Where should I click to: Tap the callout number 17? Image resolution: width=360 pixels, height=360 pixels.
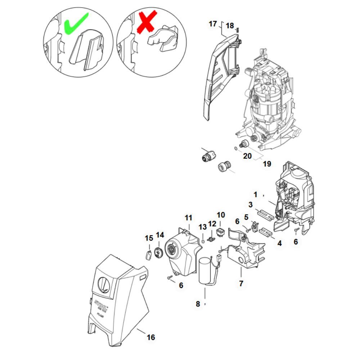pos(213,24)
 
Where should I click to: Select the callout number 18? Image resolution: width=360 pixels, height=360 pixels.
pos(230,26)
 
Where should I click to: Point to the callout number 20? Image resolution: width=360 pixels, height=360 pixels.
pos(247,156)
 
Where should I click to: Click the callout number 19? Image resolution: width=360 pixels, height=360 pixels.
pos(266,164)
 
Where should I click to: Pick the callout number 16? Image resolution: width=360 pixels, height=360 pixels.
pos(151,337)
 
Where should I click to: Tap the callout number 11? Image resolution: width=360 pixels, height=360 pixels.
pos(189,218)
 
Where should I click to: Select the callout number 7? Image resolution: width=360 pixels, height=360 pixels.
pos(241,284)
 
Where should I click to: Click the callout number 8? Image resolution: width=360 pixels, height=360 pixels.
pos(198,304)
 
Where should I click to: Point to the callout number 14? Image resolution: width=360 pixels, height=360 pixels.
pos(159,235)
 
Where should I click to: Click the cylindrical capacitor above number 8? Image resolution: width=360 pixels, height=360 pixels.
pos(207,270)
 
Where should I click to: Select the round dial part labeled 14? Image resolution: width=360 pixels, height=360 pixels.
pos(158,252)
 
